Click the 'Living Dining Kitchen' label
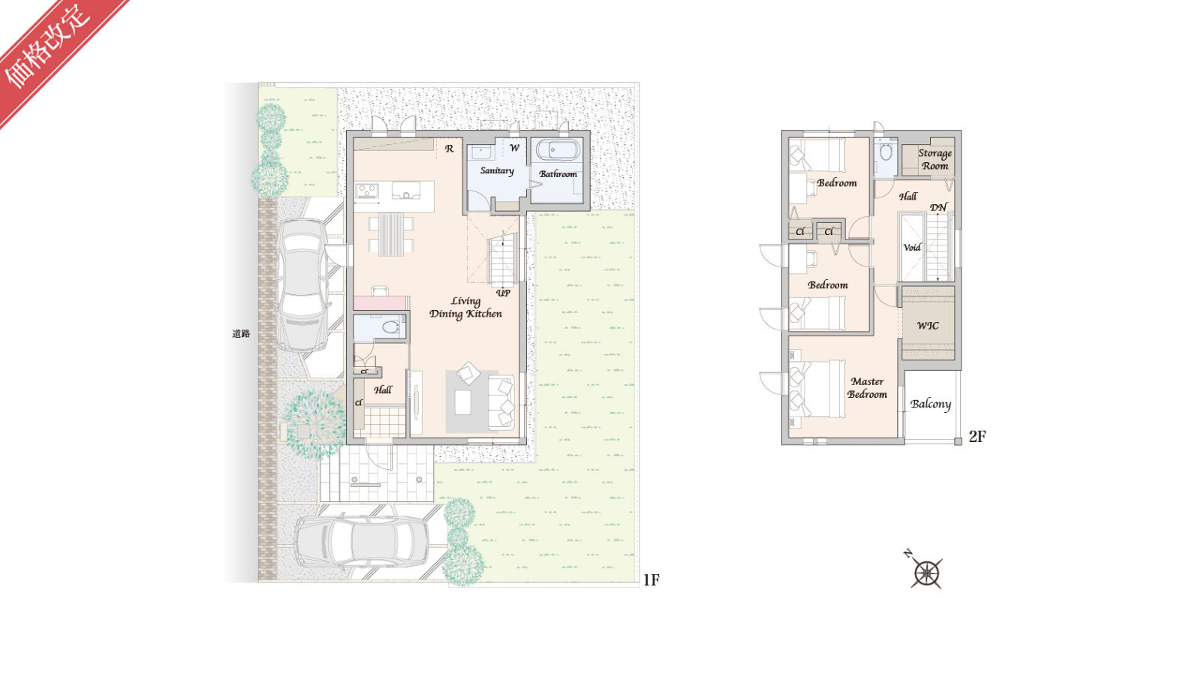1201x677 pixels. click(465, 308)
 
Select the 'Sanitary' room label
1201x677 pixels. click(497, 170)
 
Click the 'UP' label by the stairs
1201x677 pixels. click(503, 293)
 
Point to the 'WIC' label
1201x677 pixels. click(928, 326)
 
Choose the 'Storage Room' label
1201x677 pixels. click(935, 159)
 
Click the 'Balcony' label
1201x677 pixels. click(930, 404)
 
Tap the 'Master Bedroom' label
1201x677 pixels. click(867, 387)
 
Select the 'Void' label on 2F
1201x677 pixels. click(912, 247)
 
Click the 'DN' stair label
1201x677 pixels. click(938, 207)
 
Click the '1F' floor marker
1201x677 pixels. click(651, 579)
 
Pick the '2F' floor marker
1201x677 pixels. click(977, 436)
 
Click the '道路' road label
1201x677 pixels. click(241, 333)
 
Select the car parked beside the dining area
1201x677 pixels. click(303, 284)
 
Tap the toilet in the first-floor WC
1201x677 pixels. click(390, 326)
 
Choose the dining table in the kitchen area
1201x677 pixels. click(391, 234)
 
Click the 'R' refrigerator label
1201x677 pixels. click(450, 149)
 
